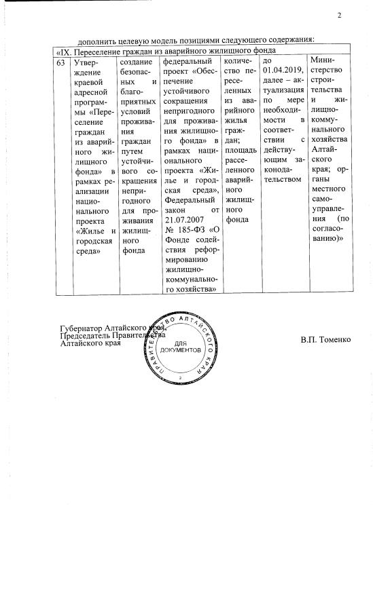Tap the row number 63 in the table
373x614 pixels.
click(60, 62)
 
